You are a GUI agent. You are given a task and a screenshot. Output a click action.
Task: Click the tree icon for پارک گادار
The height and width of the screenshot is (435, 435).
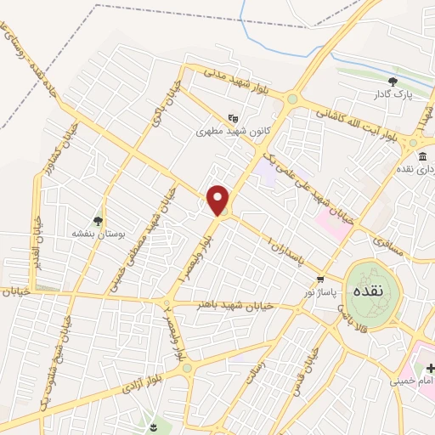(393, 82)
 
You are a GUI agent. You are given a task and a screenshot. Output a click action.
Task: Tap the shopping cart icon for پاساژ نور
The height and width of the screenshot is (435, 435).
(319, 279)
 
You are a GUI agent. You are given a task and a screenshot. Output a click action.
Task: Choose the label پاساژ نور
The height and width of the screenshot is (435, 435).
(322, 292)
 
